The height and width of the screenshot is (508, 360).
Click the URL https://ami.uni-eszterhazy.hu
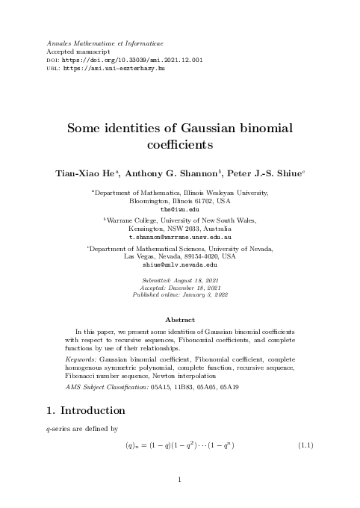pos(112,69)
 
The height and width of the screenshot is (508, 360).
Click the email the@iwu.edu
pos(179,210)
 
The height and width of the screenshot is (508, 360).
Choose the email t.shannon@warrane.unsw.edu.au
pos(179,236)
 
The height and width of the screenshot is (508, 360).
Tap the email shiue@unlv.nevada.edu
pos(179,265)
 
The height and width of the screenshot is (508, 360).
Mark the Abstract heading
pos(179,341)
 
